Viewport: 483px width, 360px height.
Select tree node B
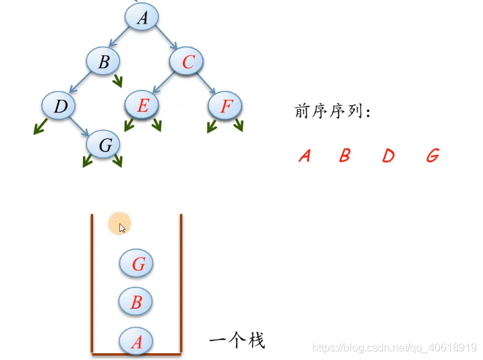(x=103, y=62)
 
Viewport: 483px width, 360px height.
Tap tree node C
(x=187, y=62)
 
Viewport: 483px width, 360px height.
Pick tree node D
(x=59, y=106)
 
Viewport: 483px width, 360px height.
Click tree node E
(x=142, y=106)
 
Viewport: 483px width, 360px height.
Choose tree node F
(x=225, y=106)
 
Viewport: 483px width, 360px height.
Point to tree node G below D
(x=104, y=145)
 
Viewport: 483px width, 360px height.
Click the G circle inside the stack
(x=137, y=264)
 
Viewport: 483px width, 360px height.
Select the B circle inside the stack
(x=136, y=302)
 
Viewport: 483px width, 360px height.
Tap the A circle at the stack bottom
(x=136, y=342)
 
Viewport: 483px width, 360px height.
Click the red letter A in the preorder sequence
(x=304, y=156)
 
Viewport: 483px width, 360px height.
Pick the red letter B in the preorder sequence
(x=345, y=156)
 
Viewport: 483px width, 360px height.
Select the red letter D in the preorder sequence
(x=387, y=156)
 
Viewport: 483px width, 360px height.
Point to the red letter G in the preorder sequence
(x=432, y=156)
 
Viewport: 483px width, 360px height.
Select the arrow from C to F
(x=208, y=86)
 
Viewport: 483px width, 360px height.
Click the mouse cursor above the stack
(x=122, y=228)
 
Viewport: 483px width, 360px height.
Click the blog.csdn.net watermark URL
(x=395, y=348)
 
